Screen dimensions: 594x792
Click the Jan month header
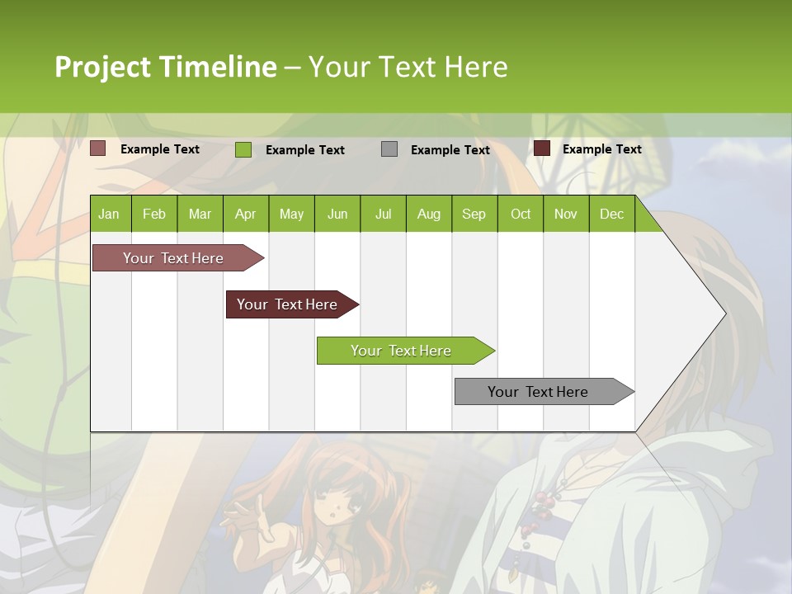(x=109, y=214)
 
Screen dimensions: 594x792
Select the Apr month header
(x=245, y=214)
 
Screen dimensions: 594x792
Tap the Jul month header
(x=383, y=214)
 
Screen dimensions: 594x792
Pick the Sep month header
(x=474, y=214)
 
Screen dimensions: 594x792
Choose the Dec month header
(x=611, y=214)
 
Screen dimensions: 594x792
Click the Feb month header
(x=154, y=214)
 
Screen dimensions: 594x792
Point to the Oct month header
(x=521, y=214)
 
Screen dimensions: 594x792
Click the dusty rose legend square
(x=98, y=148)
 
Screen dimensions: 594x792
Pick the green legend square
(x=243, y=149)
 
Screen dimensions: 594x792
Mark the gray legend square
(x=389, y=149)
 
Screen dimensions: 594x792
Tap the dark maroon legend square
(x=542, y=148)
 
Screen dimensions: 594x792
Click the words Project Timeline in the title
(x=165, y=67)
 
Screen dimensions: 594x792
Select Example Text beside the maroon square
(x=601, y=149)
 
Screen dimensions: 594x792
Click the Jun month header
(x=337, y=214)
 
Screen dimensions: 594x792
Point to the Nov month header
(x=566, y=214)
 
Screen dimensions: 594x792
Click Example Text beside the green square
(x=304, y=150)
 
